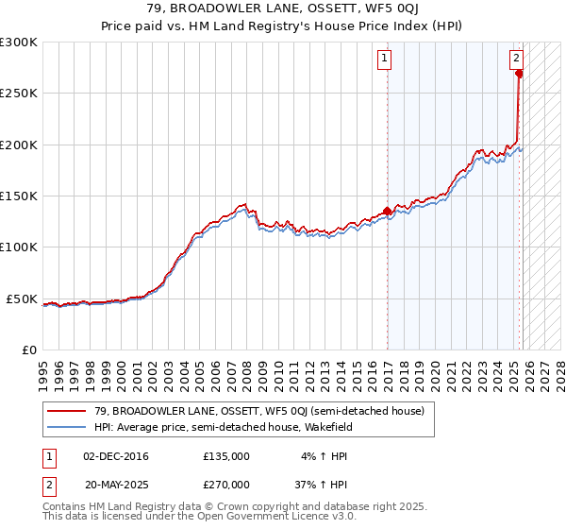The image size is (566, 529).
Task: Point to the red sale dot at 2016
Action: click(388, 212)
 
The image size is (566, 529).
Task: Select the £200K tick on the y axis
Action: click(19, 145)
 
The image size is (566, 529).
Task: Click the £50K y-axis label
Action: click(22, 299)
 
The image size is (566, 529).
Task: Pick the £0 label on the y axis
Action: click(28, 350)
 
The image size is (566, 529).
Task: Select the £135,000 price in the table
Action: click(226, 456)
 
